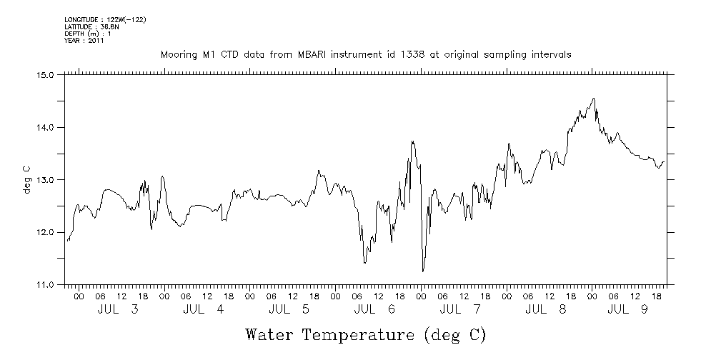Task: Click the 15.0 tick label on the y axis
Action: [x=46, y=74]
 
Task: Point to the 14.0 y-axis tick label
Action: [x=46, y=127]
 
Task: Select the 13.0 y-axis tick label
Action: [x=46, y=179]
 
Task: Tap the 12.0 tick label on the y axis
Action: [x=46, y=232]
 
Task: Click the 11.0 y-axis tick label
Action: [x=46, y=284]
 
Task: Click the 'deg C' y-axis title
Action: [x=27, y=179]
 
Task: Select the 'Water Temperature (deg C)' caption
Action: [x=366, y=334]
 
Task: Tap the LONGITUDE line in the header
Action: [x=105, y=19]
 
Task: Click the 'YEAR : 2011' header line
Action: [x=84, y=41]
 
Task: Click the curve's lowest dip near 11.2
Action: [x=423, y=271]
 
